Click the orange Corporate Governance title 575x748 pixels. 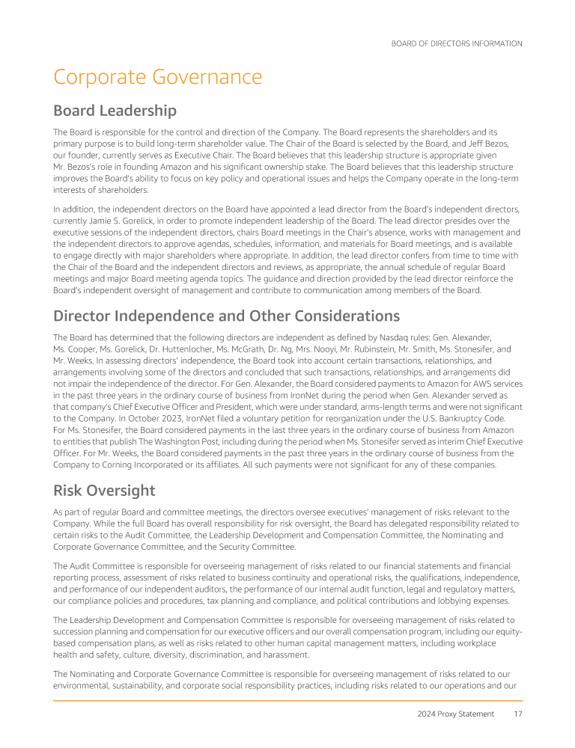tap(157, 77)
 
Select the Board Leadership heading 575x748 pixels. tap(115, 111)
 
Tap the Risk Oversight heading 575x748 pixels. tap(104, 491)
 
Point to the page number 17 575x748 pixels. tap(517, 714)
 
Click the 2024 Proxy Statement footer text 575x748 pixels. tap(455, 714)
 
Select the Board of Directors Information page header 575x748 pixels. tap(457, 43)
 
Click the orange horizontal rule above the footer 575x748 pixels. tap(287, 701)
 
